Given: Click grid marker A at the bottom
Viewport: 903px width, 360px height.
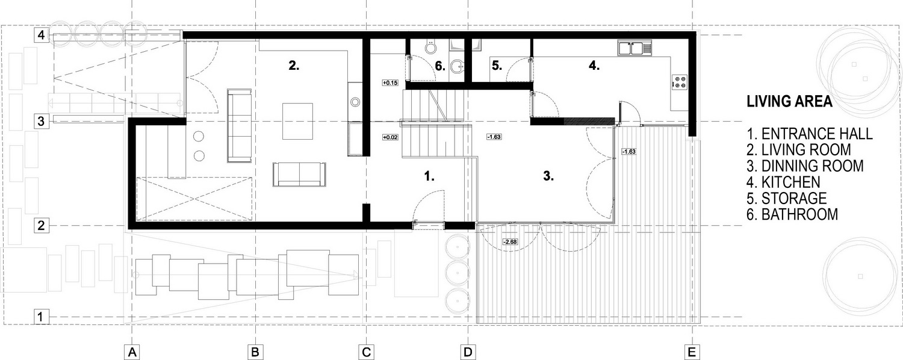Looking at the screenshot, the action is click(x=132, y=352).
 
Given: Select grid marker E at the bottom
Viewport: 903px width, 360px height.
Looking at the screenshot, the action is click(x=692, y=352).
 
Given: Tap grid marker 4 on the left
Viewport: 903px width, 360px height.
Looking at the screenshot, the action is click(x=41, y=35).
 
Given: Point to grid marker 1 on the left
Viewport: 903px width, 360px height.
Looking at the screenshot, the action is click(x=41, y=317).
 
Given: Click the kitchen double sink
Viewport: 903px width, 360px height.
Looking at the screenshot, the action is click(x=635, y=48).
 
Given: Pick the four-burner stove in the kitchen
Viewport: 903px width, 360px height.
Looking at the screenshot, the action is click(x=680, y=82).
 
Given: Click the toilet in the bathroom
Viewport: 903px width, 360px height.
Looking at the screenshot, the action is click(x=431, y=46).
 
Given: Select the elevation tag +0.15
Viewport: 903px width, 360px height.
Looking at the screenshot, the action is click(x=390, y=83).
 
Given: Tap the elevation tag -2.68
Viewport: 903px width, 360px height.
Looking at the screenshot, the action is click(x=510, y=242).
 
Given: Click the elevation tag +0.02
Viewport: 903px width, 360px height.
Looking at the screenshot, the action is click(x=390, y=137).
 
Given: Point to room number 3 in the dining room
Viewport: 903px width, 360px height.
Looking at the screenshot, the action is click(x=548, y=176).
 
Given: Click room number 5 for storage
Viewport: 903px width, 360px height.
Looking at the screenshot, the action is click(x=497, y=65).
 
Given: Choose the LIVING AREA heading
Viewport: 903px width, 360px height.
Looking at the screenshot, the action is click(x=790, y=101).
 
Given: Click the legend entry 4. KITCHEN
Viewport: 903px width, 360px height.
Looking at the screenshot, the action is click(x=783, y=182).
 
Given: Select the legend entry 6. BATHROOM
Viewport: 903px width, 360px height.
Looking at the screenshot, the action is click(x=792, y=214).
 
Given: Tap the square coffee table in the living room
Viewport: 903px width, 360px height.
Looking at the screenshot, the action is click(x=297, y=122).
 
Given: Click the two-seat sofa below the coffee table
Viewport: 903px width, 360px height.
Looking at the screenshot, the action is click(x=299, y=174).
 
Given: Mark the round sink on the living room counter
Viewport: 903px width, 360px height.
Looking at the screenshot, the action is click(x=355, y=102).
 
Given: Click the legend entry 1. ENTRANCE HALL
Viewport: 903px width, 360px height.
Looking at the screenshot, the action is click(x=810, y=134).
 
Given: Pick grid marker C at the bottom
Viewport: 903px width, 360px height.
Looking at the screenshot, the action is click(x=366, y=352).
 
